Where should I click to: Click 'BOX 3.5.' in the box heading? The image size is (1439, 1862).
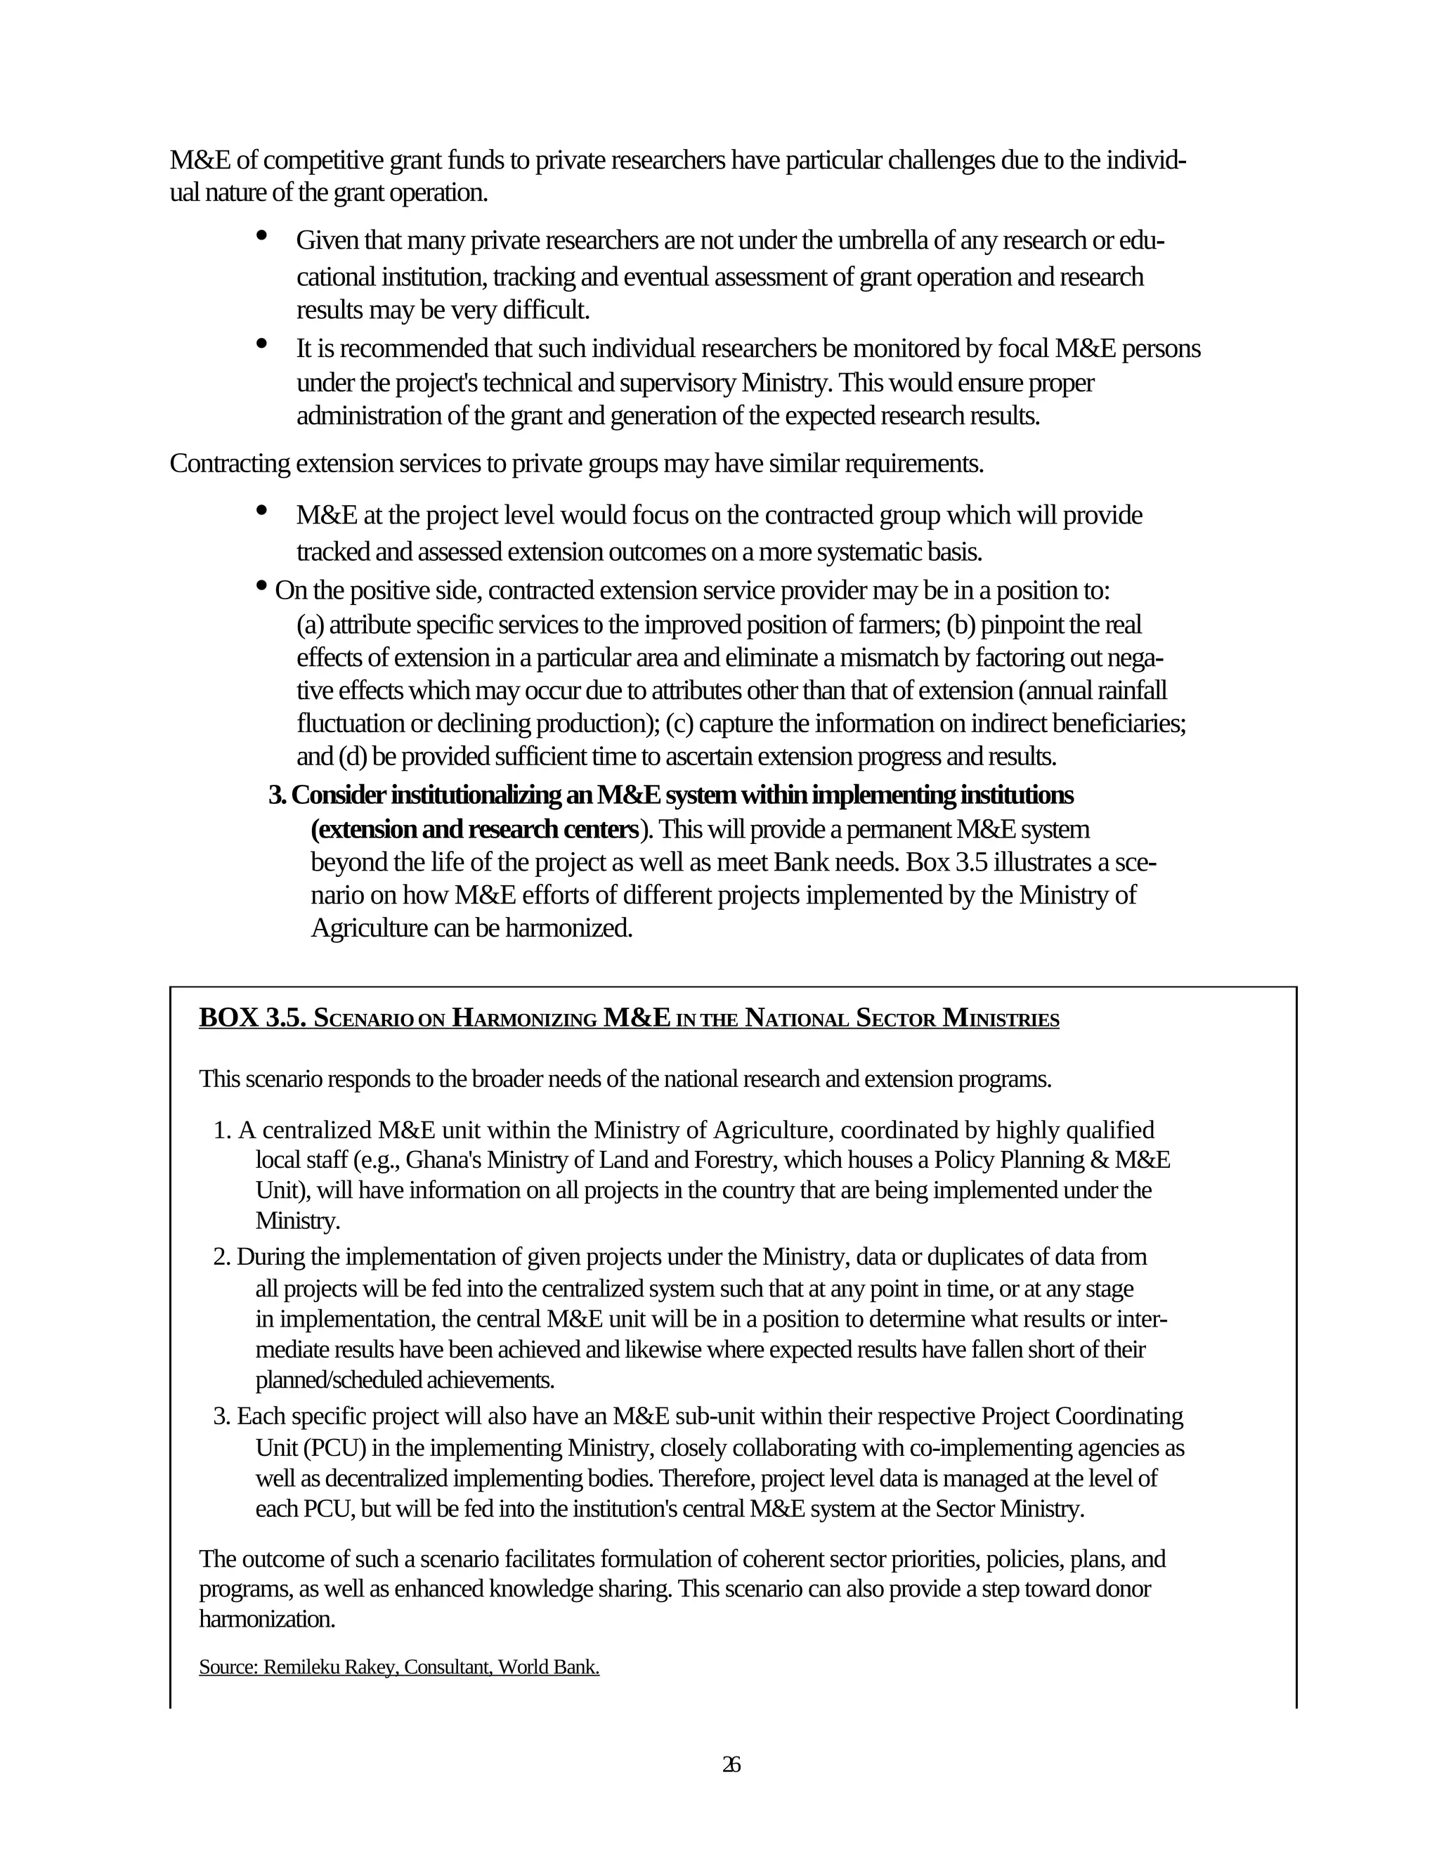(252, 1018)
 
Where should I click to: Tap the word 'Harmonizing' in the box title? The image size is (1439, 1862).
(523, 1018)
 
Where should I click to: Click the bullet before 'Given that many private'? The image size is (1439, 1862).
(261, 235)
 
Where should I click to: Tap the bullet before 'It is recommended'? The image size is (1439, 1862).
(261, 344)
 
